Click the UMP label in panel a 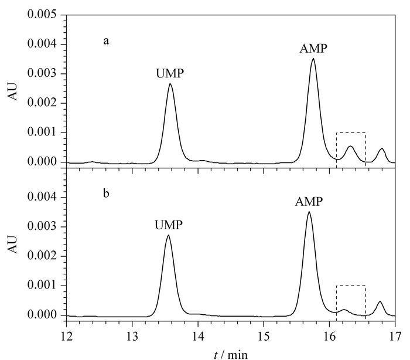(x=170, y=73)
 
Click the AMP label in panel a (x=313, y=49)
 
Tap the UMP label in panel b (x=169, y=225)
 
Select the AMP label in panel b (x=309, y=202)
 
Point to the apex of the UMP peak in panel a (x=170, y=83)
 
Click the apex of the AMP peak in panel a (x=313, y=59)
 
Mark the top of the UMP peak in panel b (x=169, y=235)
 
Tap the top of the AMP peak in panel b (x=309, y=212)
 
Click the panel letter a (x=106, y=41)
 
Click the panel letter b (x=106, y=193)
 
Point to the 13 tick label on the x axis (x=132, y=337)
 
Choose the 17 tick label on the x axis (x=395, y=337)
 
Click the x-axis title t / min (x=231, y=355)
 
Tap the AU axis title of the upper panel (x=12, y=91)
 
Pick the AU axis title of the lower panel (x=12, y=244)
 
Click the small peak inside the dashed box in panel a (x=350, y=147)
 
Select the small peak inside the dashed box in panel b (x=344, y=310)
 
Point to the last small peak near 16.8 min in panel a (x=382, y=149)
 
